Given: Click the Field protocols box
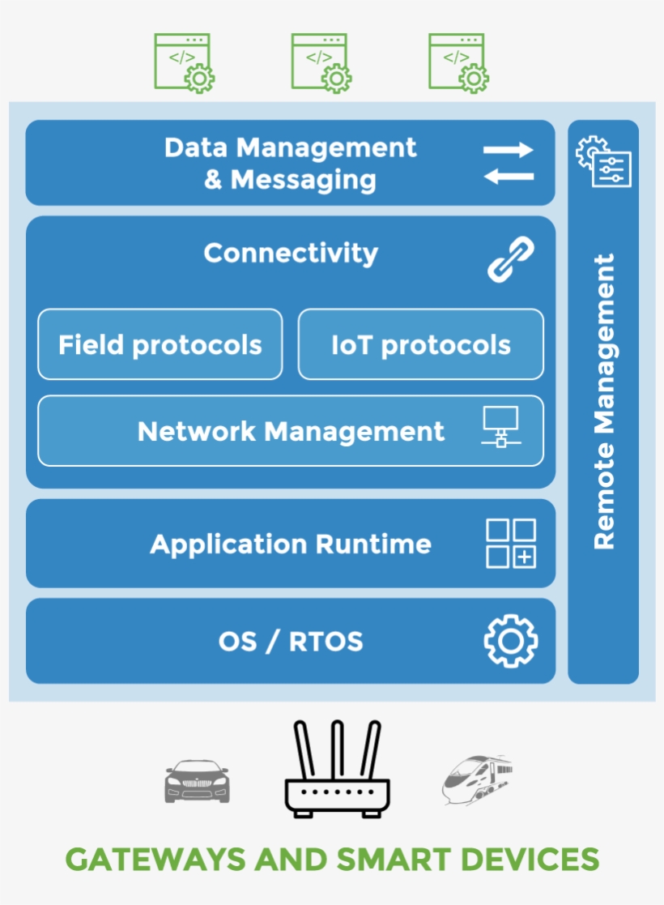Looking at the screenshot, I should click(x=160, y=345).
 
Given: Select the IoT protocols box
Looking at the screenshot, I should click(x=420, y=345).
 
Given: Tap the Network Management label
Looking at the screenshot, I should click(x=291, y=431).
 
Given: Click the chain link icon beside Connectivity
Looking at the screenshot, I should click(x=510, y=259).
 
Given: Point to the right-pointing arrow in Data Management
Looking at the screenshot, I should click(x=508, y=150).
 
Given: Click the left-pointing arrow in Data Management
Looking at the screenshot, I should click(x=508, y=177).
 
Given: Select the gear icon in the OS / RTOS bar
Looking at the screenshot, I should click(x=510, y=642).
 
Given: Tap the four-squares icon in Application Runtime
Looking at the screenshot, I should click(x=510, y=544).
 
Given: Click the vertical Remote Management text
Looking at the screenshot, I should click(x=604, y=402).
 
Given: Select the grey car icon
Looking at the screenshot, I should click(x=197, y=781).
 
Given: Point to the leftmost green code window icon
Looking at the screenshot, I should click(x=183, y=63).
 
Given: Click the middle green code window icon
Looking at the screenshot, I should click(x=320, y=63).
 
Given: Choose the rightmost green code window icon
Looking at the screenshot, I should click(x=458, y=63).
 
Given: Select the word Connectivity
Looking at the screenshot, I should click(x=291, y=254).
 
